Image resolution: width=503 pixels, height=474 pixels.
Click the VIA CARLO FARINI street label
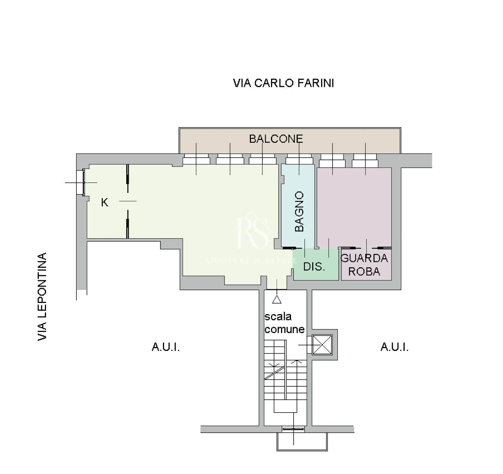(x=283, y=83)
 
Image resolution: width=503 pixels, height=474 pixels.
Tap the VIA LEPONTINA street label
(x=42, y=296)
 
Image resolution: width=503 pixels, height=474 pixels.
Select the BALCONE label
(x=276, y=139)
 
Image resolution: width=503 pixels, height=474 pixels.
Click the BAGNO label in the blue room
(x=299, y=212)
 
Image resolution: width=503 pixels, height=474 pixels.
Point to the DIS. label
(x=314, y=267)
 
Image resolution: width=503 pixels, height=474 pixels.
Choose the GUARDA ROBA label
(x=364, y=265)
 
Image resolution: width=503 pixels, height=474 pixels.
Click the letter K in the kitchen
(x=105, y=203)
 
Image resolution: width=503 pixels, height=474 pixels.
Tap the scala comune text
(x=284, y=323)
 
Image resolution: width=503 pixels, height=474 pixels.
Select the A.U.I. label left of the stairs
(x=166, y=347)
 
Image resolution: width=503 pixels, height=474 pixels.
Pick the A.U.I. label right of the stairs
(x=394, y=347)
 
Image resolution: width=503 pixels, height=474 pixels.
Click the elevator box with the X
(x=322, y=345)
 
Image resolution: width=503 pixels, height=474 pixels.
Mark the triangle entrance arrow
(x=277, y=299)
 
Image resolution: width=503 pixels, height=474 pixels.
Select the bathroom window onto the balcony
(x=299, y=159)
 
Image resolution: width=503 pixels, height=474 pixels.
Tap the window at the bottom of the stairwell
(x=293, y=429)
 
